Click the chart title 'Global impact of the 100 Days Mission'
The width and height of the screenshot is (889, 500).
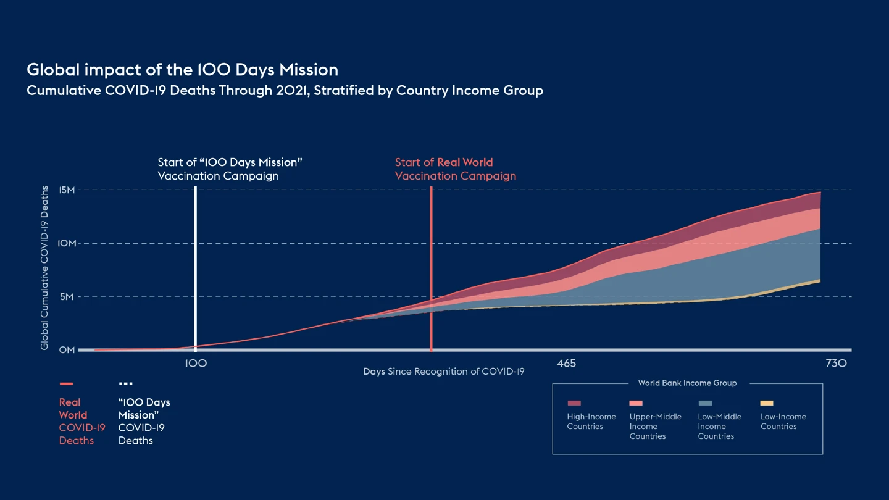[182, 69]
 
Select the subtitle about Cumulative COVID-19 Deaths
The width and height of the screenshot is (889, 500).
[285, 91]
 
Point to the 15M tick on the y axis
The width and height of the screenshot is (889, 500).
[67, 190]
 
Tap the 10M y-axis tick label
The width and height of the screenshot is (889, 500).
[67, 243]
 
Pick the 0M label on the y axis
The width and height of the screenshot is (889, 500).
[67, 350]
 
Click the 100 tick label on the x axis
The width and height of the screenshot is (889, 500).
[196, 364]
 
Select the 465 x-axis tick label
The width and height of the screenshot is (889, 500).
[566, 364]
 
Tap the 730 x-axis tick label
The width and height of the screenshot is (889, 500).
[836, 364]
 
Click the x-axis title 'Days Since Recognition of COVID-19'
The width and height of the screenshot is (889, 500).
[443, 372]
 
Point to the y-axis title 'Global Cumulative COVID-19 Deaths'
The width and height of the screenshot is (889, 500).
[44, 268]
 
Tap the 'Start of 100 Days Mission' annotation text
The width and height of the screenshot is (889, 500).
[230, 169]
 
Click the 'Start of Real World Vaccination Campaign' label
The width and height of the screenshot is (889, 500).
[455, 169]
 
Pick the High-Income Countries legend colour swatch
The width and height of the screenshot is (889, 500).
[574, 403]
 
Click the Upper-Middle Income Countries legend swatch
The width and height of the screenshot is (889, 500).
[636, 403]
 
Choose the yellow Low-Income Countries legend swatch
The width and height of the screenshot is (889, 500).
[767, 403]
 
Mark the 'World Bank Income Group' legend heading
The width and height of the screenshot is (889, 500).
[687, 383]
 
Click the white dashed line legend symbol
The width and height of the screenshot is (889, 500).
[125, 384]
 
